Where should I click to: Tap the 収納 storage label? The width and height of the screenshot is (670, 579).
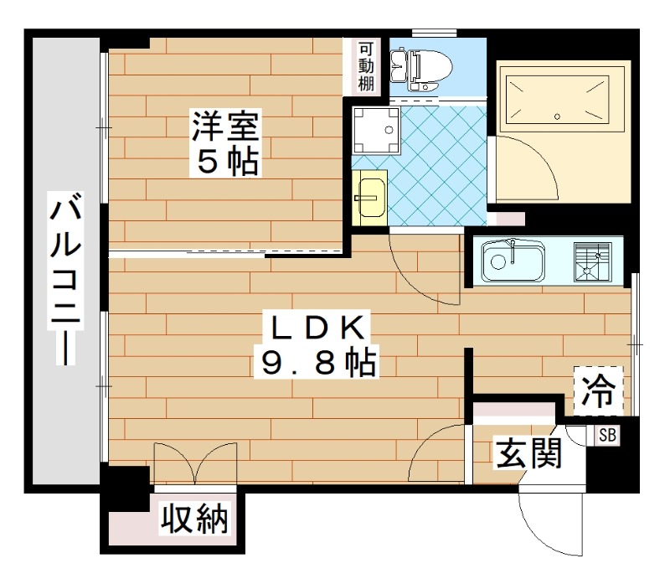coord(194,520)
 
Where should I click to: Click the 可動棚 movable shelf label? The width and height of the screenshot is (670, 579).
coord(366,67)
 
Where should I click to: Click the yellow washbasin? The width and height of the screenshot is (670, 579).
coord(368,198)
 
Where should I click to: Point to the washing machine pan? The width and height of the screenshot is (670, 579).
coord(376,131)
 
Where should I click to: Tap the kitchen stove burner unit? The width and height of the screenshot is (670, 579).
coord(592,260)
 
